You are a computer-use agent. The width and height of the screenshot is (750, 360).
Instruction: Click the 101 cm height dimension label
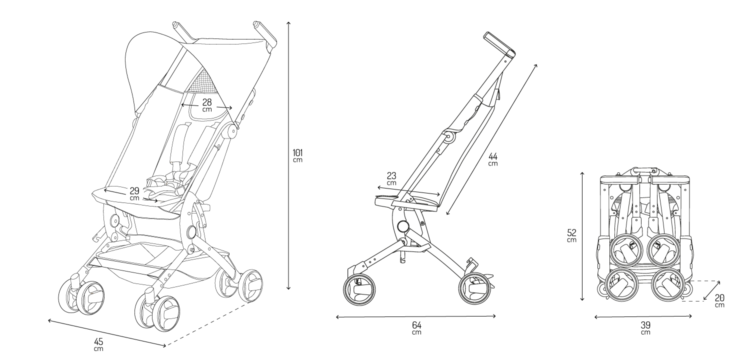(297, 155)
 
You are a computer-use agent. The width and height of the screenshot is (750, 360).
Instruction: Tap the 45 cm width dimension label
(98, 344)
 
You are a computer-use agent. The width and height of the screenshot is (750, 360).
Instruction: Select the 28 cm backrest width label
(207, 105)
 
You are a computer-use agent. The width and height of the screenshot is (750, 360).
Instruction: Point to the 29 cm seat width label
(134, 194)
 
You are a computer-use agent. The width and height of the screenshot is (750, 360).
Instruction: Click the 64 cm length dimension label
(416, 328)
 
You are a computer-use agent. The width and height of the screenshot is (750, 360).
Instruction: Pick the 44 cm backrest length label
(493, 159)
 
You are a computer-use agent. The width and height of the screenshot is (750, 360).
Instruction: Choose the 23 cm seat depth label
(391, 178)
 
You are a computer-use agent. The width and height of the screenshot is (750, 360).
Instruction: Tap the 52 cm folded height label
(572, 235)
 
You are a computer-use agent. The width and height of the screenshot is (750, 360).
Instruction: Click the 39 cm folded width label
(645, 328)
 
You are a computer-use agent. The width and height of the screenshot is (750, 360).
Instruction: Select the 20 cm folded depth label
(719, 300)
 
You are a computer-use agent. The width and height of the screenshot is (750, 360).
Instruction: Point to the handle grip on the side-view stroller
(499, 43)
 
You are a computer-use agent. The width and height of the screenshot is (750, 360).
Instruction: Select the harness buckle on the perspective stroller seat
(168, 181)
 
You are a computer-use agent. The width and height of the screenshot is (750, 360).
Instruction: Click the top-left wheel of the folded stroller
(626, 250)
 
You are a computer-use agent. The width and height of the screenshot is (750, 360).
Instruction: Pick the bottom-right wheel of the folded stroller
(666, 285)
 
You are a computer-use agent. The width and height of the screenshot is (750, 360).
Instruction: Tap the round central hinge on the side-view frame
(403, 226)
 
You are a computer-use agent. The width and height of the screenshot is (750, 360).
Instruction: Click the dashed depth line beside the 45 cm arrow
(209, 323)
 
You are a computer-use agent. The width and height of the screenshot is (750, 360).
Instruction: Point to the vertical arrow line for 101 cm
(288, 155)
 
